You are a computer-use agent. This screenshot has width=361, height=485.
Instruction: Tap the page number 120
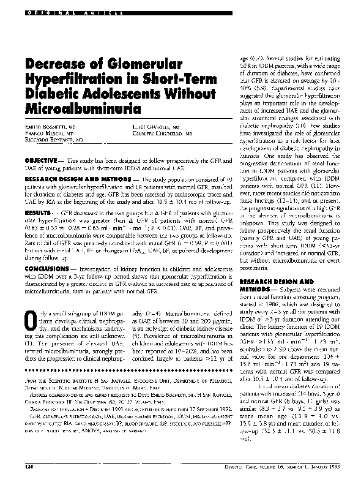[29, 467]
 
